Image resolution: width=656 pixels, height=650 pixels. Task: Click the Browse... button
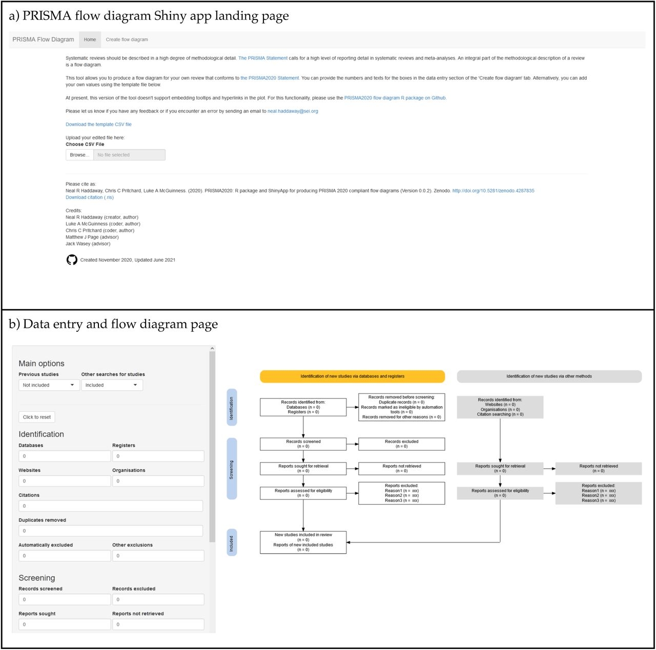tap(79, 155)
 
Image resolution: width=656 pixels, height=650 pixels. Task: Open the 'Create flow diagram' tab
tap(127, 39)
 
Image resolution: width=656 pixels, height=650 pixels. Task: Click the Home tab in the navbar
tap(90, 39)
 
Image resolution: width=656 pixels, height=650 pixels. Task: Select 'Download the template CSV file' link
tap(98, 124)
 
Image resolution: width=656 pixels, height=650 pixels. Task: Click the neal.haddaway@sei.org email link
tap(293, 111)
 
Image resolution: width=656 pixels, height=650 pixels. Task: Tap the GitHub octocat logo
tap(72, 260)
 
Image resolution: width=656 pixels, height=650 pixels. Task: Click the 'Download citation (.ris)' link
tap(90, 197)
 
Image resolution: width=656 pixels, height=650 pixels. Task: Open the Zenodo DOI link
tap(493, 191)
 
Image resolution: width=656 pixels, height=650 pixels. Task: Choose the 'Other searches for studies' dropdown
tap(112, 385)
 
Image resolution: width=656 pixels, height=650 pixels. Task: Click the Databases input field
tap(65, 456)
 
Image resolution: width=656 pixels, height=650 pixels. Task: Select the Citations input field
tap(111, 506)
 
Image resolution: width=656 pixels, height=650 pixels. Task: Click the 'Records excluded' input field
tap(158, 599)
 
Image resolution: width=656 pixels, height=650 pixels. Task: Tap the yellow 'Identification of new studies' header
tap(352, 376)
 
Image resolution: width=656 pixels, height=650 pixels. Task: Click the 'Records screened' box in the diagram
tap(303, 444)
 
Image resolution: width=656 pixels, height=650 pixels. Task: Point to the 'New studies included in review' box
tap(303, 542)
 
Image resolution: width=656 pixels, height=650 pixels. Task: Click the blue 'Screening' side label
tap(232, 469)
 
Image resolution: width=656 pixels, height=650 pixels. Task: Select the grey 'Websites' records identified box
tap(500, 407)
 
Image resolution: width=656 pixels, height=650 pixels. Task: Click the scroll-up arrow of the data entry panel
tap(212, 348)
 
